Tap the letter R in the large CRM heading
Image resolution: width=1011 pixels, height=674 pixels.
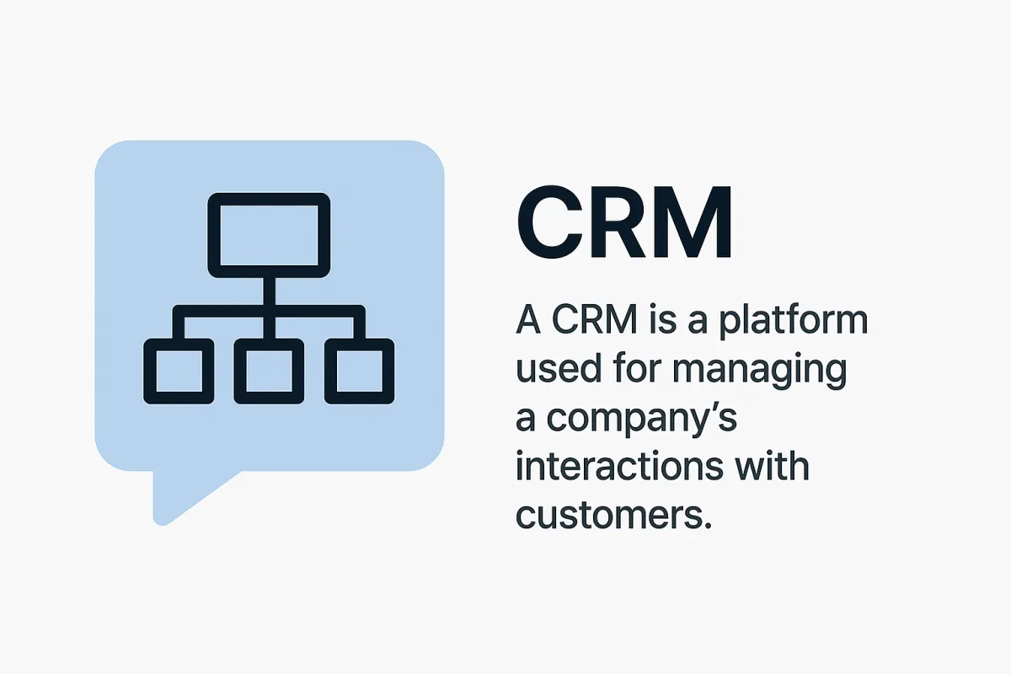[625, 224]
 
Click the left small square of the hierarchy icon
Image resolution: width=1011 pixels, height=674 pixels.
[178, 371]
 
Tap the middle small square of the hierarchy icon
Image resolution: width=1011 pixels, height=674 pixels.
[270, 371]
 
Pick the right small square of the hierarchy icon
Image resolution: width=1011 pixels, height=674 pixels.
[360, 371]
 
